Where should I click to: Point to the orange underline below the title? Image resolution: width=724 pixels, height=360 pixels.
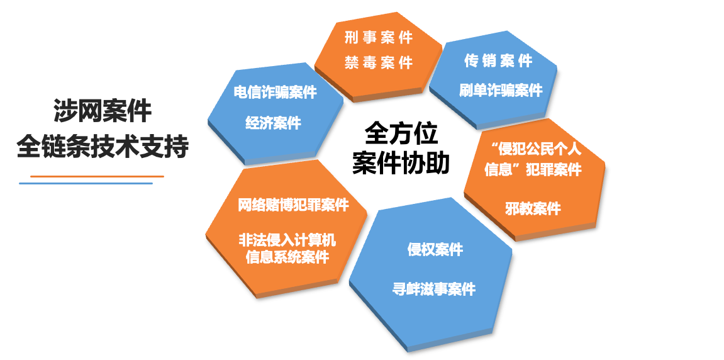(97, 176)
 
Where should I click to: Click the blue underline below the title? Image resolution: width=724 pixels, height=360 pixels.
(86, 183)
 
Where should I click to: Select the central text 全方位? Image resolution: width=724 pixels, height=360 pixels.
(401, 134)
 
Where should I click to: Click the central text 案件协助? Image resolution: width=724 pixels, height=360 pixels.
(401, 163)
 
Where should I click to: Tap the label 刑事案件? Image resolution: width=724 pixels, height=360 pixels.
(378, 38)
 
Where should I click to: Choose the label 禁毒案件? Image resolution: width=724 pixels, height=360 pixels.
(378, 62)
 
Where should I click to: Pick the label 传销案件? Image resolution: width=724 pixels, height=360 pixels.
(498, 60)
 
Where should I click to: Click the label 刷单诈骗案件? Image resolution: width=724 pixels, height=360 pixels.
(500, 91)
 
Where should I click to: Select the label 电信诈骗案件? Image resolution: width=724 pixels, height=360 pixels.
(275, 92)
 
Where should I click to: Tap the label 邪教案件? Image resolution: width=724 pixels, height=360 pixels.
(533, 208)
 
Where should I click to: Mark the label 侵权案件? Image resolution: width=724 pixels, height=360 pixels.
(435, 249)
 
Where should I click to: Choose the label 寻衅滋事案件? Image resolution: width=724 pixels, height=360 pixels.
(434, 290)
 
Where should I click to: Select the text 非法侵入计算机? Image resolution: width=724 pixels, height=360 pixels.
(287, 240)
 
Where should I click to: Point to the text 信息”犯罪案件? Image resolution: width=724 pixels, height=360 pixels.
(533, 170)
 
